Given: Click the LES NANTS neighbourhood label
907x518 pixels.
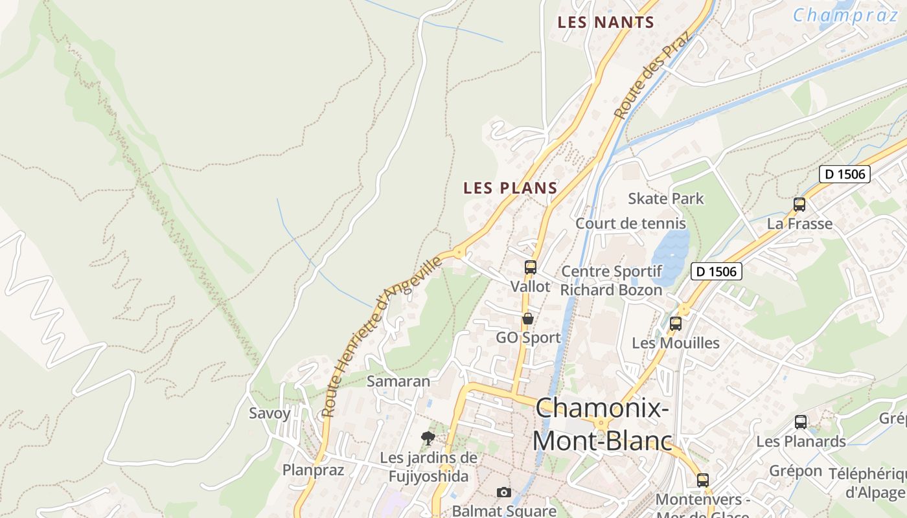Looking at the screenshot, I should point(606,22).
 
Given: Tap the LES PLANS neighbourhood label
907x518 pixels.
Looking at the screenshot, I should point(510,188).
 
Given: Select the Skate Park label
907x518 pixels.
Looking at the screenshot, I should point(665,199).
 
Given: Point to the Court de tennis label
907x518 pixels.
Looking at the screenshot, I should point(630,223).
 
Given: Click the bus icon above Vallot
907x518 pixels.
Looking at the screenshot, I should point(531,267).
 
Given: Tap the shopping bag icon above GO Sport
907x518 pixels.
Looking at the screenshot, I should point(528,319).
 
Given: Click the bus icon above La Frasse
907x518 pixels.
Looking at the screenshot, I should point(799,205).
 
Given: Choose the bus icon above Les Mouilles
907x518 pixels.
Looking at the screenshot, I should point(676,324).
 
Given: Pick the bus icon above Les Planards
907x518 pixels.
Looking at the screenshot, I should point(801,422).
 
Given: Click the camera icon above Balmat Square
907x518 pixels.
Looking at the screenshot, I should point(504,493).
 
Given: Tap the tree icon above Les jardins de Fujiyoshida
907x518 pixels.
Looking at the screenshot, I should point(428,438).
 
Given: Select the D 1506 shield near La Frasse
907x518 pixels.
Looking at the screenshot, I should point(844,174).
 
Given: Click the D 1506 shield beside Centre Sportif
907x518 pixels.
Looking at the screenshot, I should point(716,271).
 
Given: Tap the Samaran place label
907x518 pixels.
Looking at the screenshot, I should point(398,381).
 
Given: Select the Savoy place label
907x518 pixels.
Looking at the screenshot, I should point(270,413).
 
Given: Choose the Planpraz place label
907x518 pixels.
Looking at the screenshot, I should point(313,470).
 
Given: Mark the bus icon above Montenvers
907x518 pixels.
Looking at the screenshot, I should point(703,480).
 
